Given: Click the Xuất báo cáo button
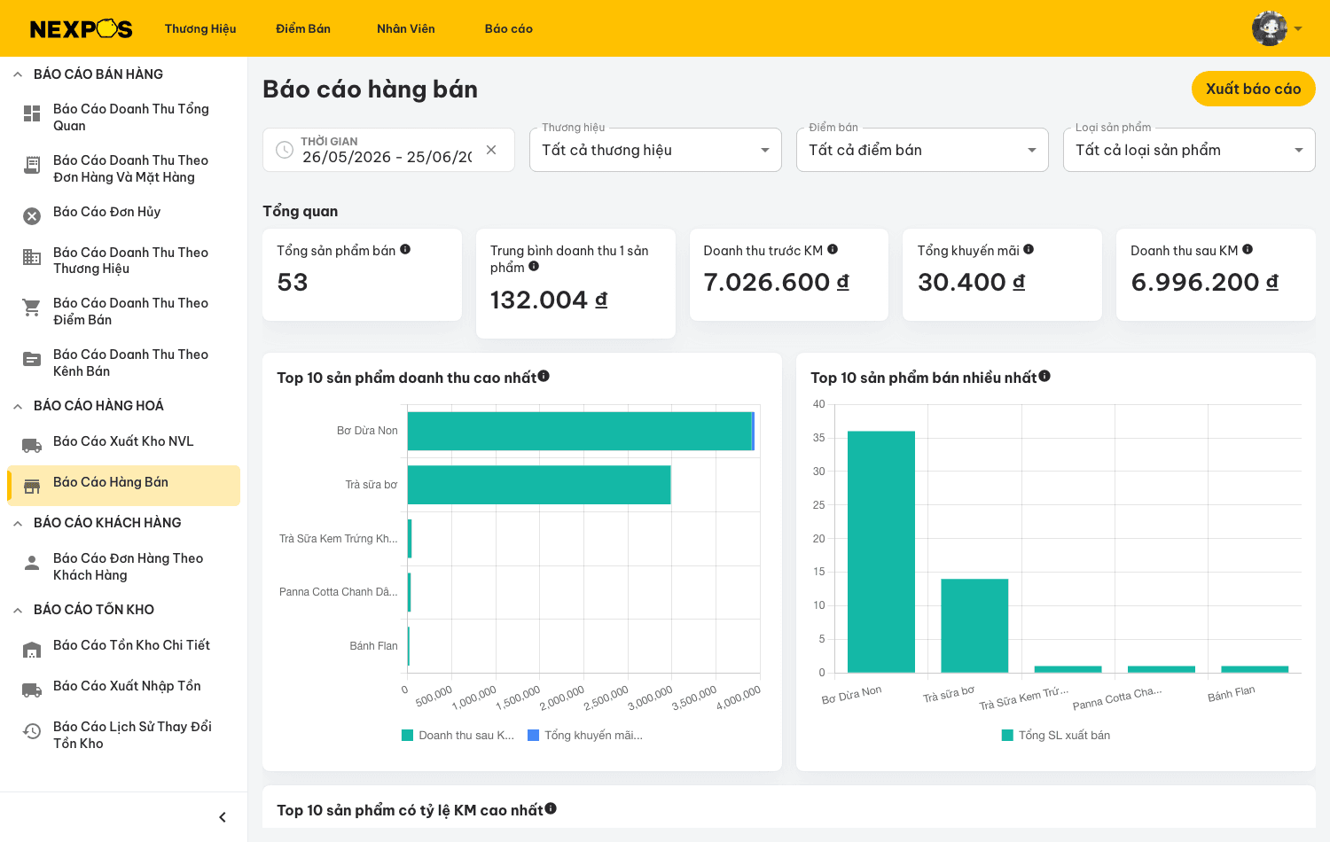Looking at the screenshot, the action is [1253, 89].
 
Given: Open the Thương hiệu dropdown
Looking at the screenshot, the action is [655, 150].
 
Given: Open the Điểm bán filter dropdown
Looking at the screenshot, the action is [922, 150].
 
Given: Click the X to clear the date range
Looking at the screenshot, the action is [491, 150].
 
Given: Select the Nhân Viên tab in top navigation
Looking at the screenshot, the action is [405, 28].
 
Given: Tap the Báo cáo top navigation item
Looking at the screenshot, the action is [508, 28].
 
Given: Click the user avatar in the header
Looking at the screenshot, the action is [1269, 28].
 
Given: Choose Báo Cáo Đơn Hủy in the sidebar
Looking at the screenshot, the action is [107, 212].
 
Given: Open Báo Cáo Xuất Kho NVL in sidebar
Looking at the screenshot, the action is [123, 441].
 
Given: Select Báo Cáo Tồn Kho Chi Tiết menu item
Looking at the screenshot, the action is [131, 645].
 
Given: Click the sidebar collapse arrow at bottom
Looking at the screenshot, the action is [223, 817].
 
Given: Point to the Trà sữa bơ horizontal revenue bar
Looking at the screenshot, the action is [539, 485].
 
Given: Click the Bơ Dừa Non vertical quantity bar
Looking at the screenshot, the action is [881, 552].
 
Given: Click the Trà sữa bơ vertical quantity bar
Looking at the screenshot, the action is [974, 626].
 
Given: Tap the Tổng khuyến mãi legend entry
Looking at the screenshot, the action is [585, 735].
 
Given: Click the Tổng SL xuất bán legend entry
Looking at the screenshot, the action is [1056, 735].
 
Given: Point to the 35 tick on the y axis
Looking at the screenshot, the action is [818, 438].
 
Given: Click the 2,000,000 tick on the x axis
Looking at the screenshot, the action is [562, 698].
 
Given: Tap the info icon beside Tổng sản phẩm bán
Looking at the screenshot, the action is [405, 249].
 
